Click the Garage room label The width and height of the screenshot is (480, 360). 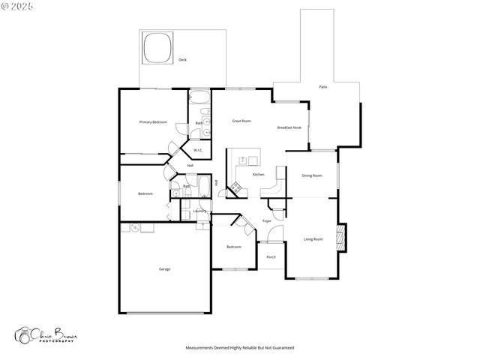coord(164,268)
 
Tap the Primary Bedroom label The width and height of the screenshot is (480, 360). coord(153,121)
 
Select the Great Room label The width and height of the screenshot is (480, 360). coord(241,121)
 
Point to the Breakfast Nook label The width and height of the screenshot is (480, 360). coord(289,127)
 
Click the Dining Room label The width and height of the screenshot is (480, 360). coord(312,175)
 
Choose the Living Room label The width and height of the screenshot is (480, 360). coord(313,239)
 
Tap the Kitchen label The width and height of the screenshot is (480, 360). coord(258,174)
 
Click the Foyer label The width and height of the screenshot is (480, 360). coord(267,220)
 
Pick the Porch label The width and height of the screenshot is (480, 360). coord(271,257)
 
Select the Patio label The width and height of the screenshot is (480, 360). coord(322,87)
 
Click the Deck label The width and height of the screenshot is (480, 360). coord(182,60)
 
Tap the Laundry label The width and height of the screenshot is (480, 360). coord(199,211)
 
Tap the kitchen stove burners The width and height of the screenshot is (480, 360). coord(235,187)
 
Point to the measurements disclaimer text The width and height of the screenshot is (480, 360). coord(240,348)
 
